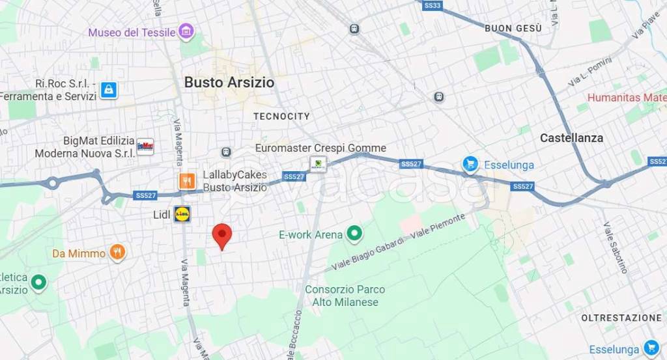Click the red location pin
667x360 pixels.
point(222,236)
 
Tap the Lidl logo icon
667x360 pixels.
point(182,214)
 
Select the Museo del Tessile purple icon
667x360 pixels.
point(187,31)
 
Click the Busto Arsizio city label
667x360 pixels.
point(229,83)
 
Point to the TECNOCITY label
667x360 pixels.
point(281,117)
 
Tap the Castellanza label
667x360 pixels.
point(571,138)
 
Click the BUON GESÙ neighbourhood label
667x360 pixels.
point(513,29)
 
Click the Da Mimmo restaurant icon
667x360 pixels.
point(117,253)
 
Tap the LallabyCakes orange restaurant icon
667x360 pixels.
point(188,181)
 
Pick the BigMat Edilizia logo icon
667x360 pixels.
point(145,146)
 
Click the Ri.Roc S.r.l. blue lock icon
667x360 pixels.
point(109,90)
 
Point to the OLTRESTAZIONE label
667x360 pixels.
point(621,318)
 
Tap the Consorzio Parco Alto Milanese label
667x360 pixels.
point(345,296)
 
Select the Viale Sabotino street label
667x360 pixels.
point(615,247)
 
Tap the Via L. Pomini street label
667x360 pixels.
point(589,72)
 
